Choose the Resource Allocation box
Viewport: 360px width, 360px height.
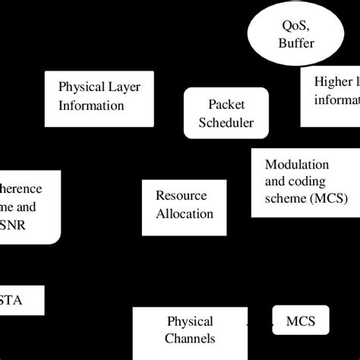pyautogui.click(x=185, y=204)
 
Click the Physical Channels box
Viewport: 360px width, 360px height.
pyautogui.click(x=191, y=330)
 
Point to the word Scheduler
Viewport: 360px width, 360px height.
pyautogui.click(x=226, y=122)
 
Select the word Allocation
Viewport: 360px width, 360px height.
pyautogui.click(x=185, y=213)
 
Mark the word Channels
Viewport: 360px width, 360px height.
pyautogui.click(x=190, y=339)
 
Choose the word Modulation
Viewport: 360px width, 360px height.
pyautogui.click(x=297, y=165)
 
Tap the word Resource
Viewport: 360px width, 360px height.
pyautogui.click(x=181, y=195)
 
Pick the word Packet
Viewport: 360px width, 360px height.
pyautogui.click(x=226, y=104)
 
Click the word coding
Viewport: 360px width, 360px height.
pyautogui.click(x=308, y=181)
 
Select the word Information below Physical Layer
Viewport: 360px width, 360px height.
pyautogui.click(x=91, y=105)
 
